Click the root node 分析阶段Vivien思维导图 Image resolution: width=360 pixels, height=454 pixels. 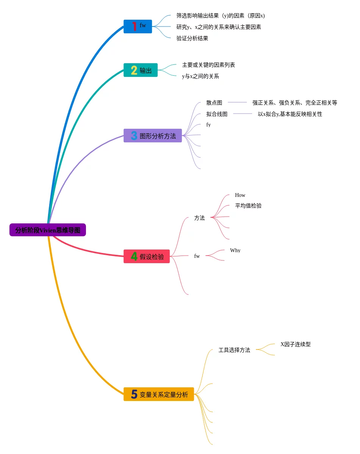point(48,230)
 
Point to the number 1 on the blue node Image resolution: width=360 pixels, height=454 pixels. point(134,26)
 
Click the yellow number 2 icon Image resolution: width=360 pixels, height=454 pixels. point(134,70)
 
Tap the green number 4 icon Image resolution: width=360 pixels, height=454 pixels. point(134,257)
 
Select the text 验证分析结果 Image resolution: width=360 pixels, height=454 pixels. point(192,38)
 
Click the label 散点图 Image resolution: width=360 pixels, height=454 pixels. point(214,103)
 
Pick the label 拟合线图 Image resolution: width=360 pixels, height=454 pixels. point(217,114)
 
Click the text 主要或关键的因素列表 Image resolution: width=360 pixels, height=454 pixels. point(209,65)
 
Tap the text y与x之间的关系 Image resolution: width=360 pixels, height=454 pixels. point(201,76)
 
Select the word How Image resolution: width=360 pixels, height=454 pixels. point(240,195)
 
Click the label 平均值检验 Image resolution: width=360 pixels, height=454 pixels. point(248,206)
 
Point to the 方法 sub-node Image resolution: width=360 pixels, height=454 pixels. point(199,218)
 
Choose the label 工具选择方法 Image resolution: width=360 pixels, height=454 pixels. point(234,350)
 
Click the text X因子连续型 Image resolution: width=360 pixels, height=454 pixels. point(295,344)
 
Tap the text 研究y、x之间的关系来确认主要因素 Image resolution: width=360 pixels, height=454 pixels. point(219,27)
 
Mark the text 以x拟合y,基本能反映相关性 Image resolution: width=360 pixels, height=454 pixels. point(290,114)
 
